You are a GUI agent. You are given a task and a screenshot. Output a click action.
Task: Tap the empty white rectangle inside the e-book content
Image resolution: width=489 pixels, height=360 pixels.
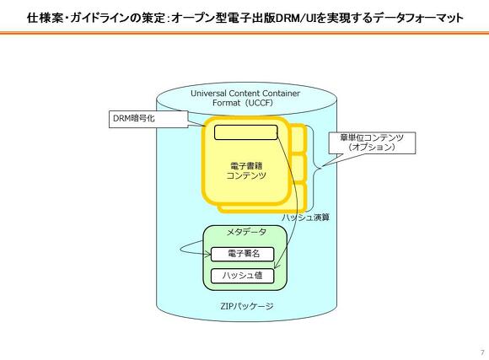[x=245, y=132]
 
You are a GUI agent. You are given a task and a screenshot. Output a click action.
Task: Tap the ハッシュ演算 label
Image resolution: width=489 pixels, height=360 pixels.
[x=306, y=218]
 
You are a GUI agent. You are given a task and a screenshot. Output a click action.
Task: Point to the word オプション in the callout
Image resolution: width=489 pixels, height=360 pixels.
[x=372, y=148]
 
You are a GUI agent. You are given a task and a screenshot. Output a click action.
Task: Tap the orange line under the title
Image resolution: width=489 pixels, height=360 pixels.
[x=244, y=33]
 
